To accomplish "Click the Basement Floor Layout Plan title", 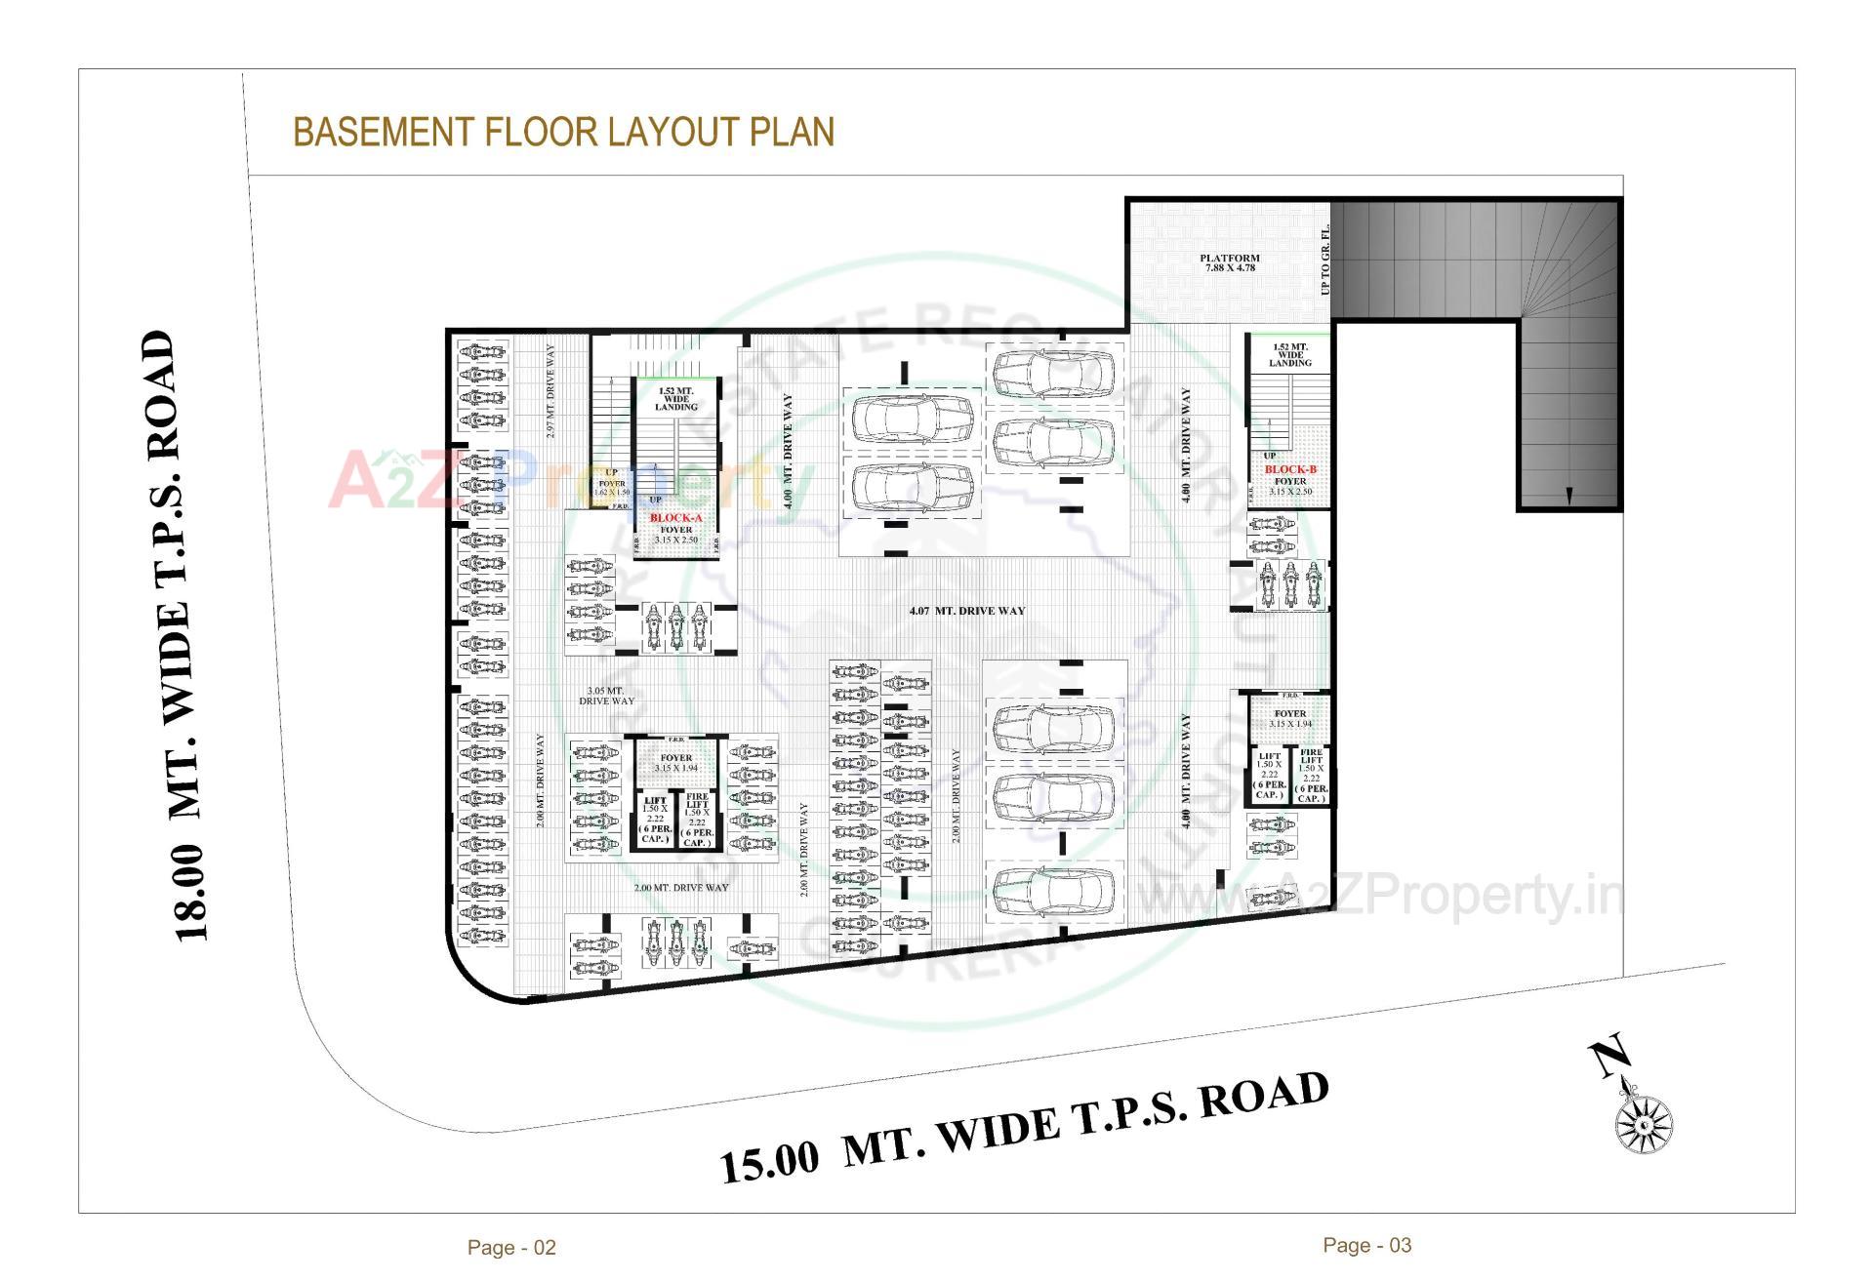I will click(x=563, y=132).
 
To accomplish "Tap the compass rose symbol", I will click(x=1644, y=1122).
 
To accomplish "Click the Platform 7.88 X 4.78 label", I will click(x=1229, y=263).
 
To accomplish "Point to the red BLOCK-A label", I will click(x=675, y=518).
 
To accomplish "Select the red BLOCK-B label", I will click(x=1290, y=469).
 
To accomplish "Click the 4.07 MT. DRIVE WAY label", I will click(x=966, y=611).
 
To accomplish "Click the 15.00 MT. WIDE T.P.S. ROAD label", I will click(x=1024, y=1128).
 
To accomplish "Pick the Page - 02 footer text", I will click(x=511, y=1247).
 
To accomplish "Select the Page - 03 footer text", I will click(x=1366, y=1245).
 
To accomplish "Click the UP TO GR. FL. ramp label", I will click(x=1324, y=260).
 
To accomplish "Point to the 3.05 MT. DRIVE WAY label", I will click(x=606, y=696).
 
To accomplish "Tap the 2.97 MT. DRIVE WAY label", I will click(x=550, y=390).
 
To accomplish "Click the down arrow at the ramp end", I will click(x=1568, y=496).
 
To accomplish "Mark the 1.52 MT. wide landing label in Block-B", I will click(x=1289, y=355).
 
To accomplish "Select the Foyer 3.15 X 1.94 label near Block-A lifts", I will click(x=675, y=763).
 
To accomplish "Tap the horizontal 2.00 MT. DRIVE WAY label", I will click(x=680, y=888).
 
